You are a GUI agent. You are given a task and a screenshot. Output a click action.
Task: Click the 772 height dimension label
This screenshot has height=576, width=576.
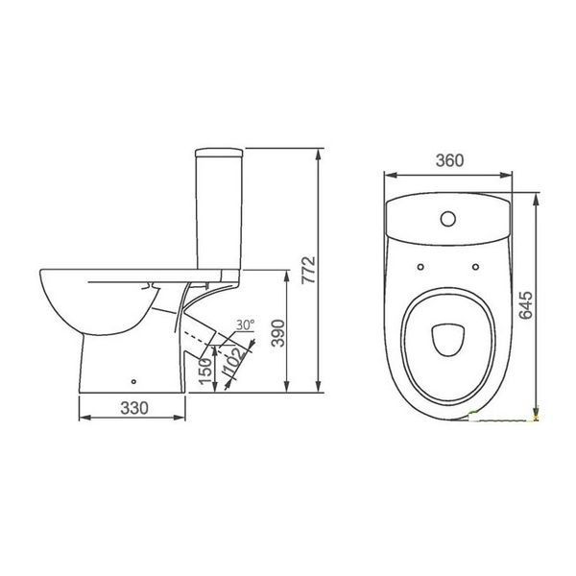pyautogui.click(x=308, y=270)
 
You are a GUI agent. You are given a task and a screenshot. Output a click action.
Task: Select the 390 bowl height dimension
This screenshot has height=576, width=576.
pyautogui.click(x=277, y=333)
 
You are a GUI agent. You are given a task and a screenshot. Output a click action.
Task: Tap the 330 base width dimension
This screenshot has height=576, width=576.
pyautogui.click(x=134, y=408)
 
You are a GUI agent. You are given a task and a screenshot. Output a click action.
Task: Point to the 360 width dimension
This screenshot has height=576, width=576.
pyautogui.click(x=449, y=160)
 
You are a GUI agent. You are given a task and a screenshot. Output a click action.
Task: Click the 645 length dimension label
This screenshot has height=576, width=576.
pyautogui.click(x=526, y=305)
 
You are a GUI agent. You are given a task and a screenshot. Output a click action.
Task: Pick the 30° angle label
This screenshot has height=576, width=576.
pyautogui.click(x=245, y=324)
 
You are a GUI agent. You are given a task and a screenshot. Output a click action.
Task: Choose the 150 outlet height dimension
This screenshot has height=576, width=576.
pyautogui.click(x=205, y=371)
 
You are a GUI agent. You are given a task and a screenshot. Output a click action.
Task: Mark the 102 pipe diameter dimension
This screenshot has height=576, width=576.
pyautogui.click(x=232, y=362)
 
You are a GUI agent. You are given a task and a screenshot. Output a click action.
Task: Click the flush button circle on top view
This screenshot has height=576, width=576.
pyautogui.click(x=447, y=219)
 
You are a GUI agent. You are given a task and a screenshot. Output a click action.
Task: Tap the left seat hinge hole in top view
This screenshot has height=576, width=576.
pyautogui.click(x=420, y=267)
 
